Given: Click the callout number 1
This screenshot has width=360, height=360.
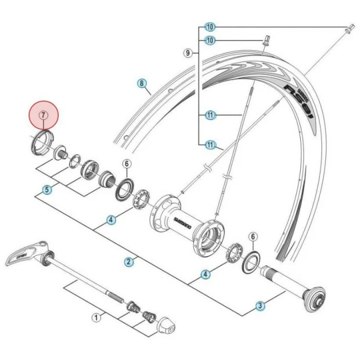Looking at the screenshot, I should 95,318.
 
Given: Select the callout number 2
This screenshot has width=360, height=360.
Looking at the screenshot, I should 128,261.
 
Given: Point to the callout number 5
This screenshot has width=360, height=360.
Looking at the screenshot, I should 48,189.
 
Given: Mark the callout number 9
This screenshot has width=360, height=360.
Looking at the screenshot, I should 188,53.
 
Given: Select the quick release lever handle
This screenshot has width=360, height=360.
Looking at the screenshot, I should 26,254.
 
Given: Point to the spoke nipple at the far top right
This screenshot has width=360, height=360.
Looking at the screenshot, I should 350,28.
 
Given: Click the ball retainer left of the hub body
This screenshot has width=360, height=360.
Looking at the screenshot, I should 141,203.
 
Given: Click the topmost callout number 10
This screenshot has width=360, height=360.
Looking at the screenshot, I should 210,27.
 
